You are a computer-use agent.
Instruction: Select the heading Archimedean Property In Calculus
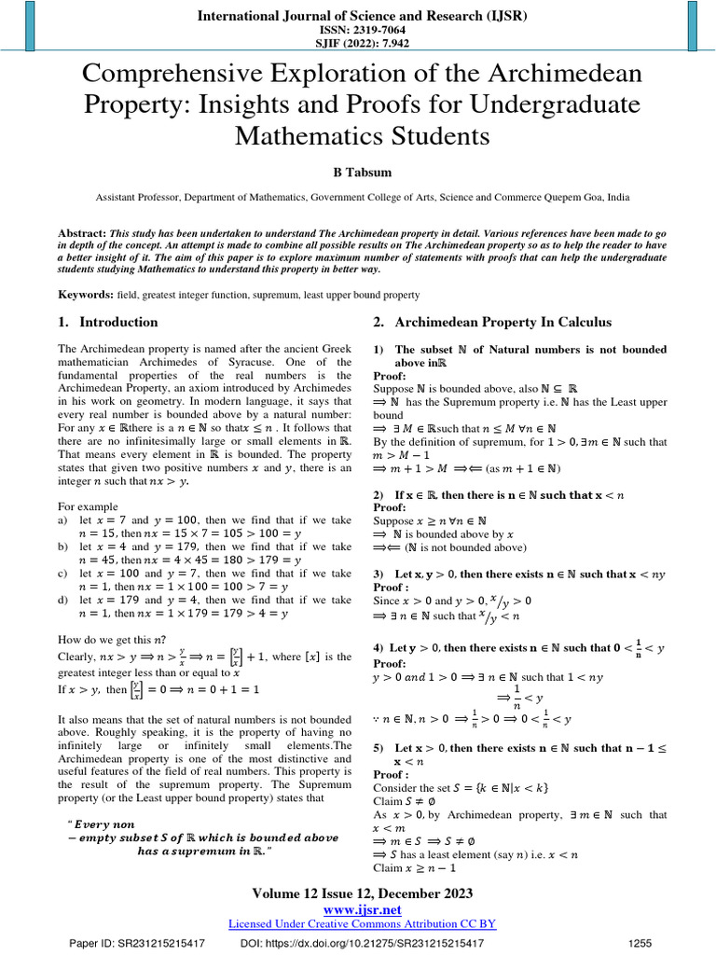tap(503, 323)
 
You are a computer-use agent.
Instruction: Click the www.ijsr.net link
tap(362, 909)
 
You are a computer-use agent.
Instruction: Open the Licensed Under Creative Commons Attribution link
tap(362, 923)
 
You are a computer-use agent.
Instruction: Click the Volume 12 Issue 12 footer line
tap(362, 894)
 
